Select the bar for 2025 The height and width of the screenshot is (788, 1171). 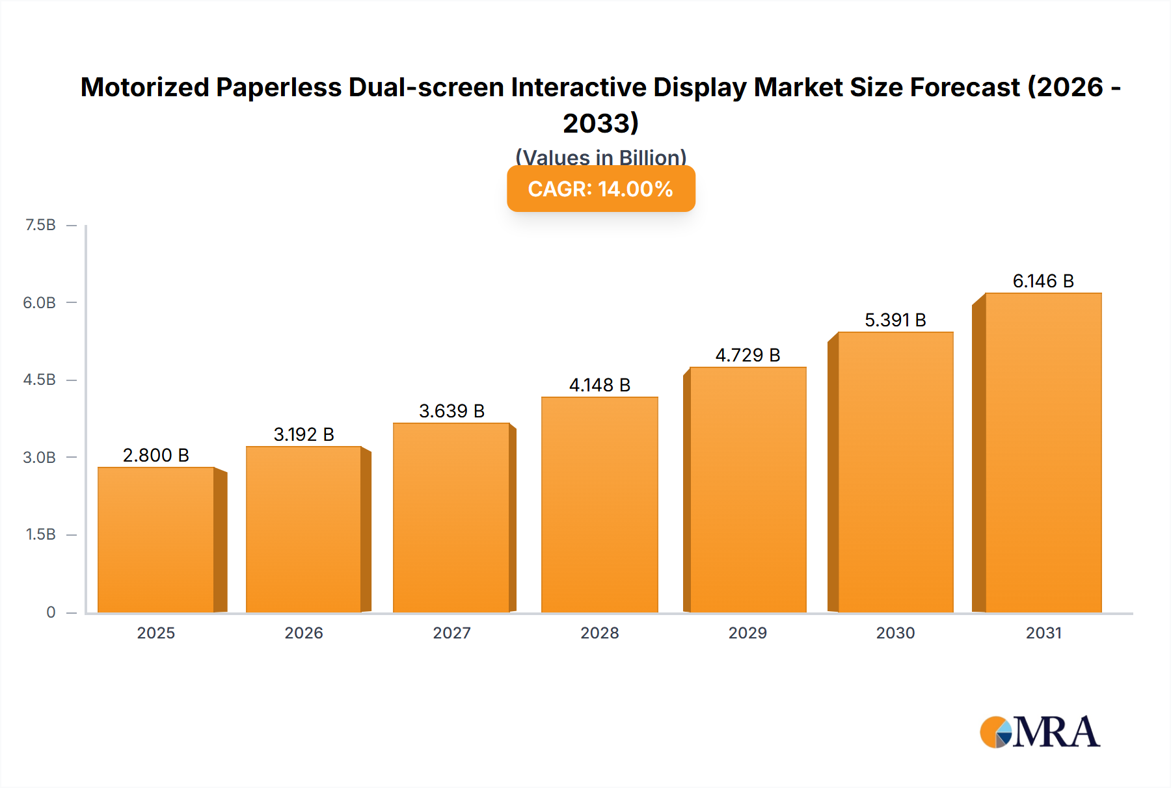[156, 540]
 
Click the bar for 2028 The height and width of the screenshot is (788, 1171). [599, 505]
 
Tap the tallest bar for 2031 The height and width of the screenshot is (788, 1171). [1043, 453]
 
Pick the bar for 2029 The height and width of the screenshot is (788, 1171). [747, 490]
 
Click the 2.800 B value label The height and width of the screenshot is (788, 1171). [156, 455]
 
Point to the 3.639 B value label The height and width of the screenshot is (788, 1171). [451, 411]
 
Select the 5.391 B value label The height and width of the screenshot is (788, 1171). [895, 320]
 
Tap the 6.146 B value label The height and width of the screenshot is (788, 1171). [1043, 281]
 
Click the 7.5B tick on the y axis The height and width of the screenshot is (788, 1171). [40, 225]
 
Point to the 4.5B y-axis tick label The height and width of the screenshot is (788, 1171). [40, 380]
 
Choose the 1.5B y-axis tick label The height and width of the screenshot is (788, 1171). [40, 534]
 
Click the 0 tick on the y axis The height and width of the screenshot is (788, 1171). [51, 612]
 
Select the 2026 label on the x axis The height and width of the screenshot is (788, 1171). [304, 633]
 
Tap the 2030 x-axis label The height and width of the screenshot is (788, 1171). [895, 633]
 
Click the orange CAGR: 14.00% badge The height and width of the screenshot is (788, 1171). [600, 189]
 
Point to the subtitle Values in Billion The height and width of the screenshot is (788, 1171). [600, 157]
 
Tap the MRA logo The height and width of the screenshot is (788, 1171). [1040, 732]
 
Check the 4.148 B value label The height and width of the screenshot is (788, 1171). [599, 385]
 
